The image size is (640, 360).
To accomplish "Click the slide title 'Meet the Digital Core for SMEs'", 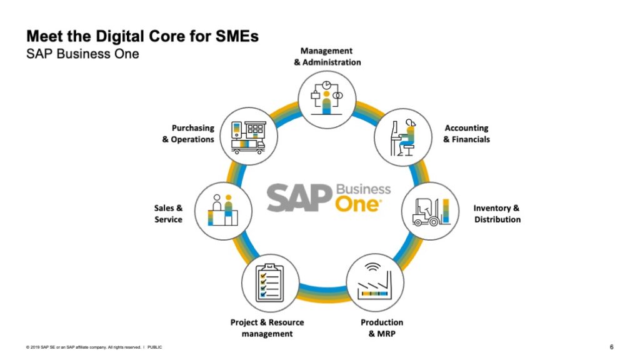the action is coord(142,36).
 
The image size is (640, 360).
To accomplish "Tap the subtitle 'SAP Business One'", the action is coord(82,54).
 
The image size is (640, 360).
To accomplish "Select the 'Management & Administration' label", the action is coord(327,56).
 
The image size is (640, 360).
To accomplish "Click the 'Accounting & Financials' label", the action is coord(466,134).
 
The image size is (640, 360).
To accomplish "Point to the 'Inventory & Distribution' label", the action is coord(497,214).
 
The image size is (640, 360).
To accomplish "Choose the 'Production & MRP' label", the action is coord(382,327).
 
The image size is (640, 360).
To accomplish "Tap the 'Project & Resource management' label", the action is coord(267,327).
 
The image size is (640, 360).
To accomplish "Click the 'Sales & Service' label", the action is coord(168,214).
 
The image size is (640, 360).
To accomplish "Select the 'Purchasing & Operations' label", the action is coord(189,134).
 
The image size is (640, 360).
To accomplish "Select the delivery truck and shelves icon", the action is coord(247,137).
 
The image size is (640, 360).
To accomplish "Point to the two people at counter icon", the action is coord(224,210).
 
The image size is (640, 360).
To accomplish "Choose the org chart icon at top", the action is coord(326,94).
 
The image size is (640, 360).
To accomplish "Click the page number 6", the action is coord(612,347).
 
